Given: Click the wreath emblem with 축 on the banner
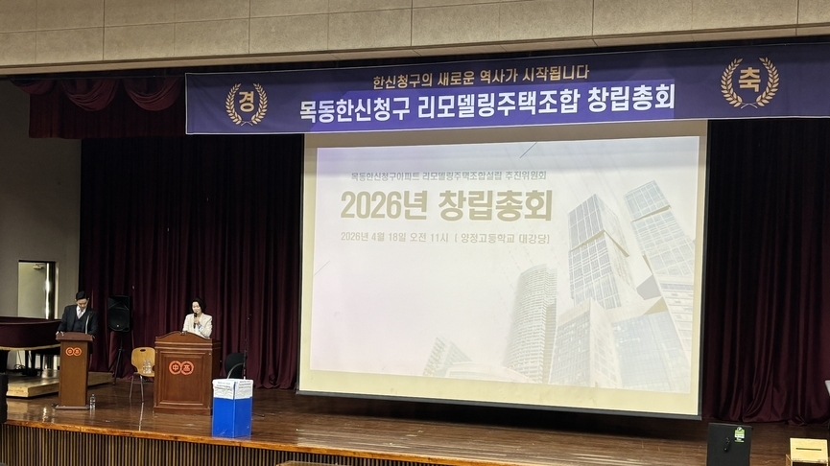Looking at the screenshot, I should [749, 82].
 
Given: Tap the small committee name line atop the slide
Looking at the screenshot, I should [448, 176].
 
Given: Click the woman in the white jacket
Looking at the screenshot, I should [198, 319].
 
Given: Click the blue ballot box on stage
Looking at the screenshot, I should [231, 408].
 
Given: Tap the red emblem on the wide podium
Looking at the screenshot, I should [180, 367].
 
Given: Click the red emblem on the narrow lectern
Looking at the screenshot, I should [73, 351].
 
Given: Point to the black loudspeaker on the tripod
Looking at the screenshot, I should [118, 314].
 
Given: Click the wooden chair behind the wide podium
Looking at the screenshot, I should [143, 363].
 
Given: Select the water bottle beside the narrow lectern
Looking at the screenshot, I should [92, 401].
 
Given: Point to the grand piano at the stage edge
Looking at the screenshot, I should [27, 335].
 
